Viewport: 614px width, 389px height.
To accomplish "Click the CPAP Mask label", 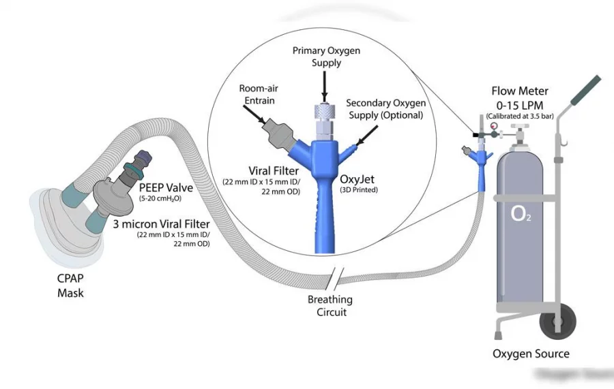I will point(70,287).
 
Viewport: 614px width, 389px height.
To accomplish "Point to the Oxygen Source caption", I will point(531,354).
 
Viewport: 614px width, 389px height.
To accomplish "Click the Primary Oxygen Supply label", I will point(325,57).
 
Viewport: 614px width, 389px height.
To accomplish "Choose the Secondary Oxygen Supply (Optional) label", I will point(385,109).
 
